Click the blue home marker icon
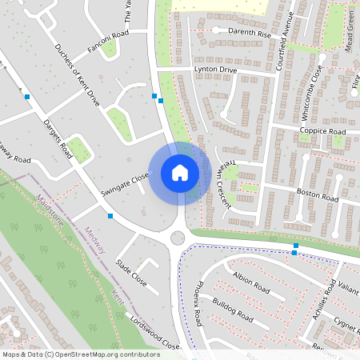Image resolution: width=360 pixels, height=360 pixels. [x=179, y=172]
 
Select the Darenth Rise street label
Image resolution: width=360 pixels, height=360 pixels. [x=250, y=34]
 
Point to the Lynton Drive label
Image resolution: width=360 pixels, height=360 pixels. [x=215, y=70]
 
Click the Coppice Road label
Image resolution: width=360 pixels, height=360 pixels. [x=322, y=131]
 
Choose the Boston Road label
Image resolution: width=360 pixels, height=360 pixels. [x=318, y=195]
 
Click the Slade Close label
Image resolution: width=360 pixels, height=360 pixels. [x=132, y=272]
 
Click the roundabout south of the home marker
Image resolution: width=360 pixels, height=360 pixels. [x=178, y=238]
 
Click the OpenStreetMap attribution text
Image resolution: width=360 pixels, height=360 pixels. [x=81, y=354]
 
